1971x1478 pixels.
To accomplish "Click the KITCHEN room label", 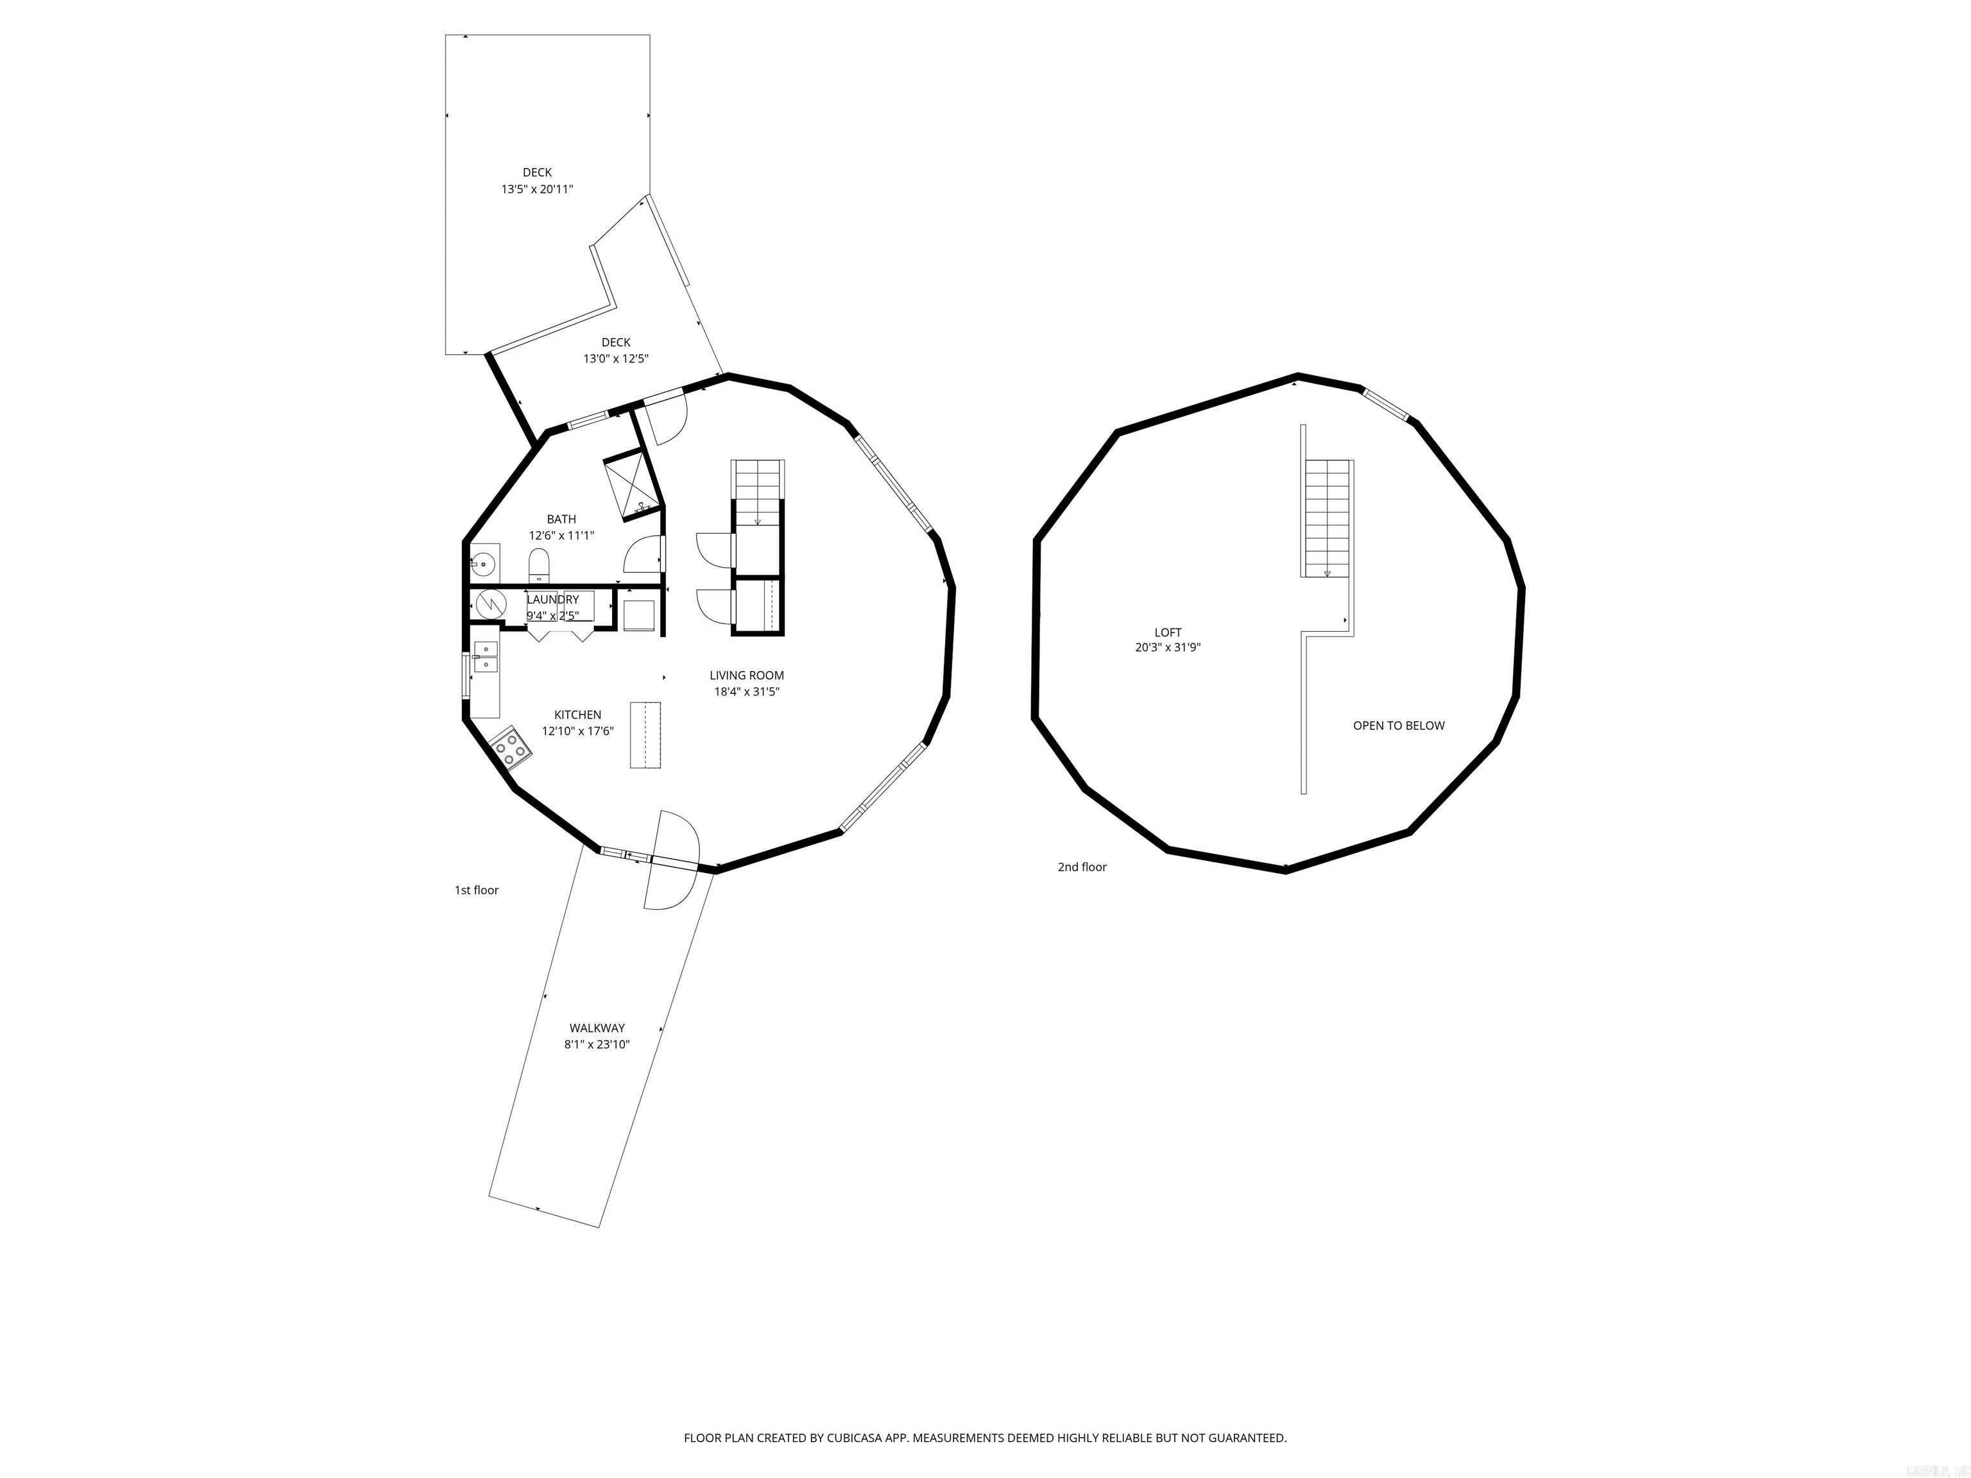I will (x=577, y=715).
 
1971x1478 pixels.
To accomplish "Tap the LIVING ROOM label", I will (x=747, y=675).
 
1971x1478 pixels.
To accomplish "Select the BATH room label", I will (x=561, y=520).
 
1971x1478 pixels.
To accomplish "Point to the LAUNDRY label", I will (x=552, y=600).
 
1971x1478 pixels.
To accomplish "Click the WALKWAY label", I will (x=597, y=1028).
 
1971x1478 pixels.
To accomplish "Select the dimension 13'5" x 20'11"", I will (x=536, y=189).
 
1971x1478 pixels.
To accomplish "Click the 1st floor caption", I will (x=477, y=890).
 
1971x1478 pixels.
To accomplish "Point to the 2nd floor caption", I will (x=1082, y=867).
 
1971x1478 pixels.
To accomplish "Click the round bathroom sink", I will (x=484, y=563).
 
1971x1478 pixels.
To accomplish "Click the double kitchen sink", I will (x=486, y=656).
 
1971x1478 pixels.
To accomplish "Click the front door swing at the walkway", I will (x=674, y=860).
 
